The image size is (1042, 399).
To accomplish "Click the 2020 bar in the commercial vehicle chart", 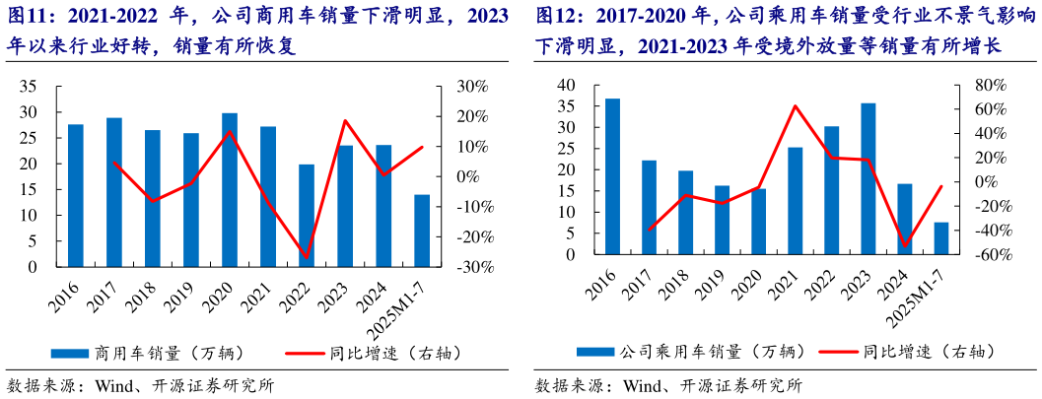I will [x=230, y=190].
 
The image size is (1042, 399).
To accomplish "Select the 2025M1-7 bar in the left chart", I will [x=422, y=231].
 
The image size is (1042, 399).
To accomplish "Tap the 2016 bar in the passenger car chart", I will [x=612, y=176].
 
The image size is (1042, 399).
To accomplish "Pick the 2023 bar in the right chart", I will [x=868, y=178].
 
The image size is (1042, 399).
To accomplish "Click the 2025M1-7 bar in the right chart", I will [x=941, y=238].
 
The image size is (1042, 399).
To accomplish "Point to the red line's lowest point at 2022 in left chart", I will [x=307, y=258].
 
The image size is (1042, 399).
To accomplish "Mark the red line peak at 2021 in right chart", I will [x=795, y=105].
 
